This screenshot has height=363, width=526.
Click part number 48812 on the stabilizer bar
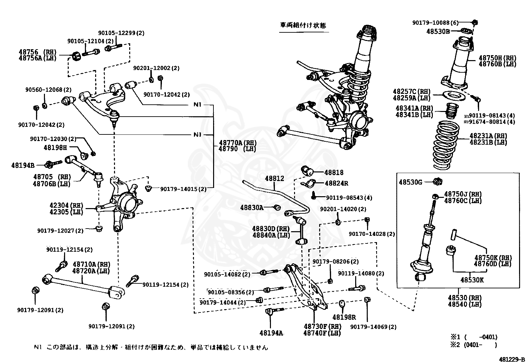[x=274, y=179]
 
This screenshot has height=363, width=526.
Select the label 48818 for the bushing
[x=334, y=172]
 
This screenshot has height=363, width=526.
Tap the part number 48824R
[x=336, y=183]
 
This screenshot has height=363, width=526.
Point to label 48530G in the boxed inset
[x=410, y=182]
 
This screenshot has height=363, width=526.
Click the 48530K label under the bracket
[x=472, y=280]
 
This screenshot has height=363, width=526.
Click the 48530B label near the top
[x=438, y=31]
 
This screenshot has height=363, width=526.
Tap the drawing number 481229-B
[x=512, y=359]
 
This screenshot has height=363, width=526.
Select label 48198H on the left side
[x=55, y=148]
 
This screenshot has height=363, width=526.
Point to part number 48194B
[x=23, y=164]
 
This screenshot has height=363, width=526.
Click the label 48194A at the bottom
[x=271, y=333]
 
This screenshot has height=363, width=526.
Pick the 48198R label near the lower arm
[x=344, y=317]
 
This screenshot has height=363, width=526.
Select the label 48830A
[x=252, y=207]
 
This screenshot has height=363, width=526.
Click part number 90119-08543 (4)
[x=349, y=198]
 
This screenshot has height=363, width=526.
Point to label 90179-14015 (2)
[x=183, y=189]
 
